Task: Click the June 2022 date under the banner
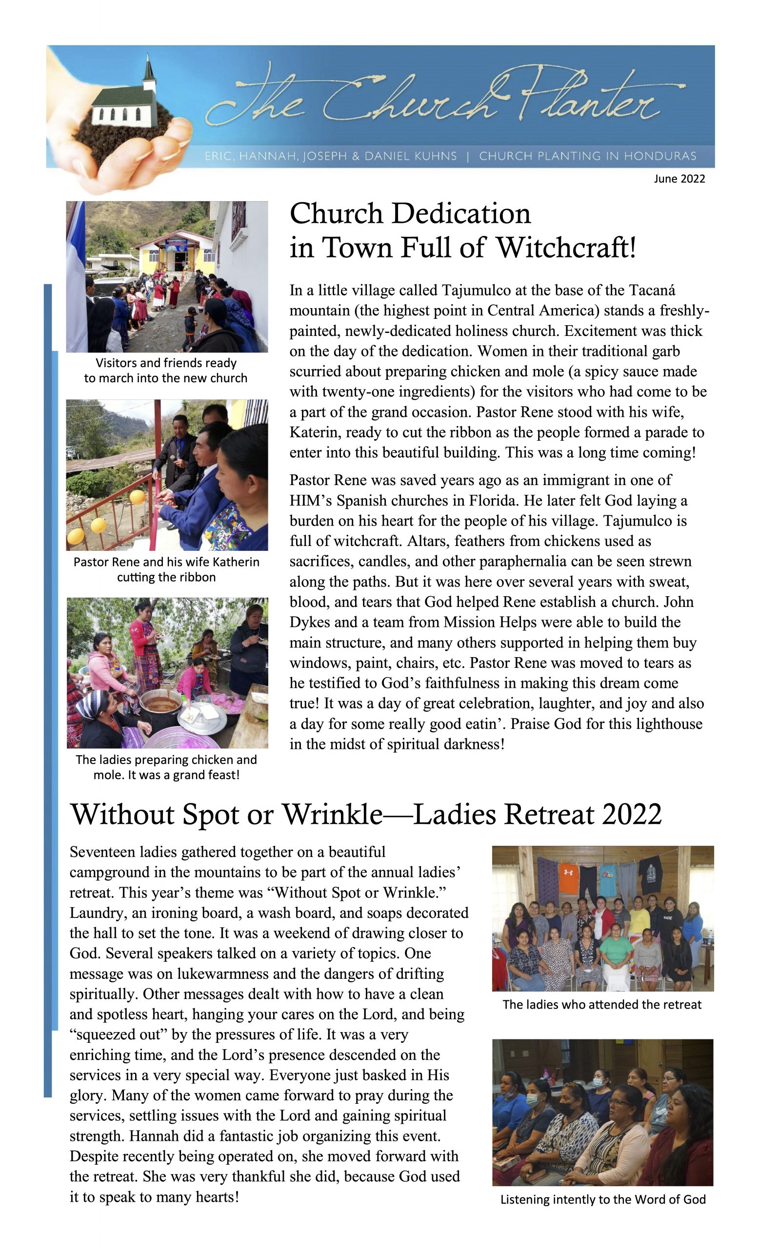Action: pyautogui.click(x=679, y=178)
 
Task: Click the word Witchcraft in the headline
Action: pyautogui.click(x=565, y=248)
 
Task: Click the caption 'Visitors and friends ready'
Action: pyautogui.click(x=166, y=363)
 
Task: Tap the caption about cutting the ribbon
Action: pyautogui.click(x=166, y=569)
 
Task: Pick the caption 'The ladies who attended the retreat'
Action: pyautogui.click(x=602, y=1004)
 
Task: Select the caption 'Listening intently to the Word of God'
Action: pyautogui.click(x=602, y=1199)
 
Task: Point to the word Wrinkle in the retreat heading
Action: pyautogui.click(x=332, y=815)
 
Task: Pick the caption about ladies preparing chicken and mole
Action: pyautogui.click(x=166, y=767)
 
